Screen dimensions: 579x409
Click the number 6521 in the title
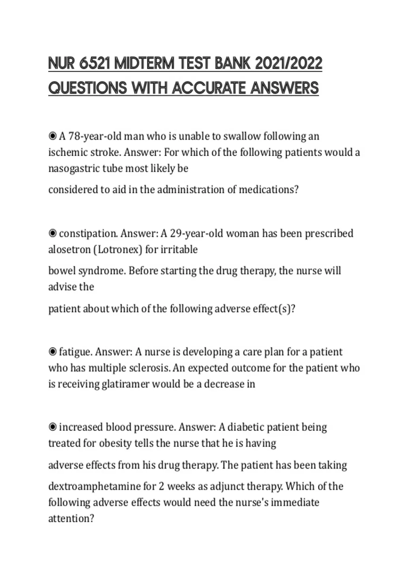click(94, 63)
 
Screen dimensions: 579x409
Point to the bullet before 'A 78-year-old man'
click(52, 137)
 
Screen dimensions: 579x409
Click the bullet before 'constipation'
click(52, 234)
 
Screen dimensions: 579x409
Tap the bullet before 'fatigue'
click(52, 352)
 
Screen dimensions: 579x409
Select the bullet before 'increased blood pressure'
click(52, 427)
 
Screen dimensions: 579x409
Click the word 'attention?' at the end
click(71, 519)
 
